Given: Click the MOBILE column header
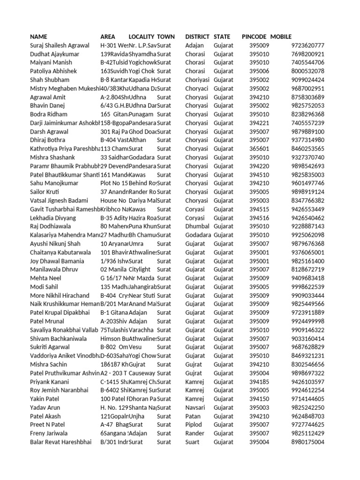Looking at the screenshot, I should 281,37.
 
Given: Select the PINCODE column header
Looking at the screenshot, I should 254,37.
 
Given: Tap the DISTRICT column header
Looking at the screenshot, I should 197,37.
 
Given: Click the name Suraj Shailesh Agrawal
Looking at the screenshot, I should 60,45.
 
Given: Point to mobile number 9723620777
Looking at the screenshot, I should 307,45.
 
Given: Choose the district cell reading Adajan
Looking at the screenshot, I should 195,45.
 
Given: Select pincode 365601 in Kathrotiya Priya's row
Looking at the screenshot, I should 259,149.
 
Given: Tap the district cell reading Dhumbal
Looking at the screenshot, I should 197,226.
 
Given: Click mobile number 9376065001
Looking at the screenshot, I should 307,252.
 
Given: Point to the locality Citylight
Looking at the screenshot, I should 140,270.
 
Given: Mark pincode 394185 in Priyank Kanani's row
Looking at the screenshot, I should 259,382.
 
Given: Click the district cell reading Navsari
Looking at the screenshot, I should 195,407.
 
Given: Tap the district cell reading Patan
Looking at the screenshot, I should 193,416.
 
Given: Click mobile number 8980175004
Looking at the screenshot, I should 307,442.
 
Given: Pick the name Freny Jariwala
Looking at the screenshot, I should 49,433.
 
